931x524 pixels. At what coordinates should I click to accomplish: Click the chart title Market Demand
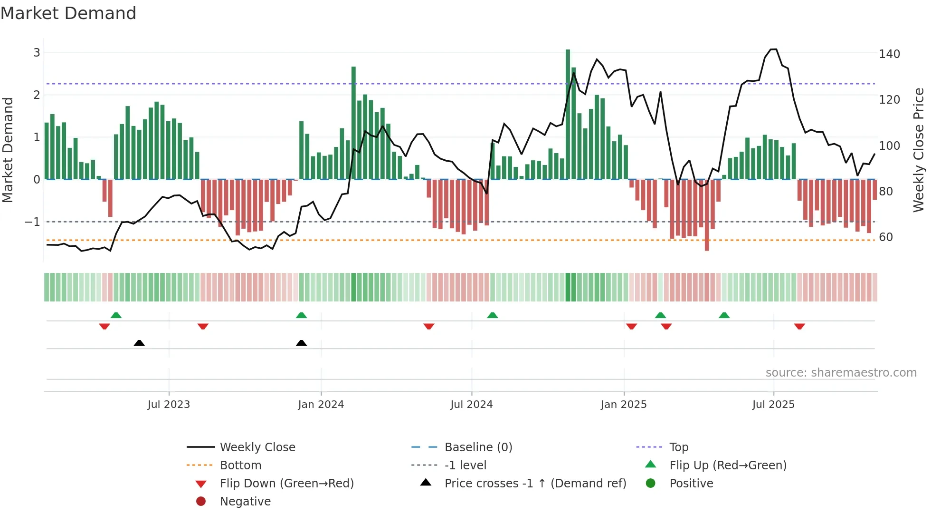tap(68, 13)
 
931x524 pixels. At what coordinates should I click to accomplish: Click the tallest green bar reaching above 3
tap(568, 114)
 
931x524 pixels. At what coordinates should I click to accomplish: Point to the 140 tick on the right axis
tap(889, 54)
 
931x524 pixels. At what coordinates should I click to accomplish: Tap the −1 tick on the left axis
tap(32, 222)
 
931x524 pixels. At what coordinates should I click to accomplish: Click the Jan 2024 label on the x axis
tap(321, 405)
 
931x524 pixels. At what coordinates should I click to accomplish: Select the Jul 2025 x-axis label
tap(773, 405)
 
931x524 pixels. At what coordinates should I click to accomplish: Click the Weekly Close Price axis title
tap(919, 150)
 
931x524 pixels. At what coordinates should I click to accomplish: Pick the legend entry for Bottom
tap(240, 466)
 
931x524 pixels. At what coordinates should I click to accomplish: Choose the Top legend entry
tap(679, 447)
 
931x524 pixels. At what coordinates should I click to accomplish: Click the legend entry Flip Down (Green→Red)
tap(286, 484)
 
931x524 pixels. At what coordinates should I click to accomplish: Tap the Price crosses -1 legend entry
tap(535, 484)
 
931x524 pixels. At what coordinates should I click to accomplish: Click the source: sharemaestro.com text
tap(841, 373)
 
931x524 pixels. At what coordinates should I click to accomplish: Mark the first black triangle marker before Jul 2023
tap(139, 343)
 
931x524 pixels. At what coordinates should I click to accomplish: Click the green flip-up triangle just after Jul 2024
tap(493, 315)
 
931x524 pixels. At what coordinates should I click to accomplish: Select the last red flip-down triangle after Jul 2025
tap(799, 326)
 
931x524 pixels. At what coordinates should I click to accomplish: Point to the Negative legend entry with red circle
tap(245, 502)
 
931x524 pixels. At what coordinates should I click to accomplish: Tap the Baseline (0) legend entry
tap(478, 447)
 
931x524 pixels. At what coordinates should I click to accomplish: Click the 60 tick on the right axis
tap(886, 237)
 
